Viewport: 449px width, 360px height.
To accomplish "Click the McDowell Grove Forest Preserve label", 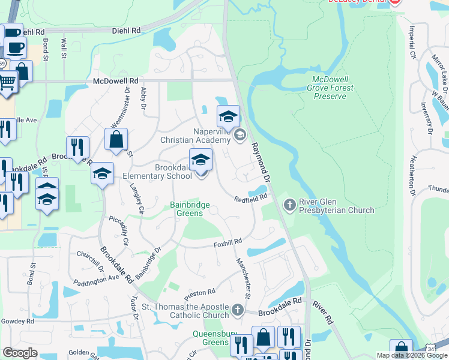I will pos(333,88).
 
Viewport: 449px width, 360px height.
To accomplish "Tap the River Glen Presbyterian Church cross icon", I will pos(289,205).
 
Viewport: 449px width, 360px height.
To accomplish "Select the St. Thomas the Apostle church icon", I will pos(238,310).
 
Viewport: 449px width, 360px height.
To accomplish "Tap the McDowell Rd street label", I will pos(116,80).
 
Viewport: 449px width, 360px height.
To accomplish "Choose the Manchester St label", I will pos(242,272).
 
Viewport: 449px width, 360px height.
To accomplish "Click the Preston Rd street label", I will pos(199,294).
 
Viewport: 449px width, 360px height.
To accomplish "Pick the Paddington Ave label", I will pos(97,280).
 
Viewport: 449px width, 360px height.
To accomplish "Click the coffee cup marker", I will pos(14,47).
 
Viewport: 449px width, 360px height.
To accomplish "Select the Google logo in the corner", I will pos(20,353).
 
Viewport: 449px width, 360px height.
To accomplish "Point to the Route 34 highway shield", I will pos(441,348).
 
